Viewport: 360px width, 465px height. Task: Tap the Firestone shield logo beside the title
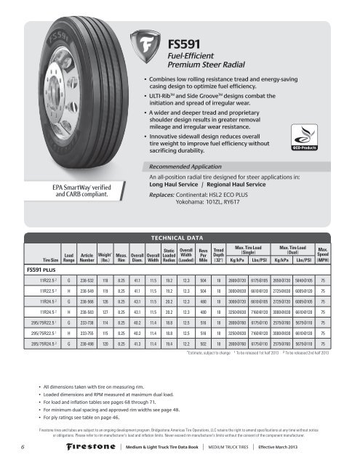tap(151, 52)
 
